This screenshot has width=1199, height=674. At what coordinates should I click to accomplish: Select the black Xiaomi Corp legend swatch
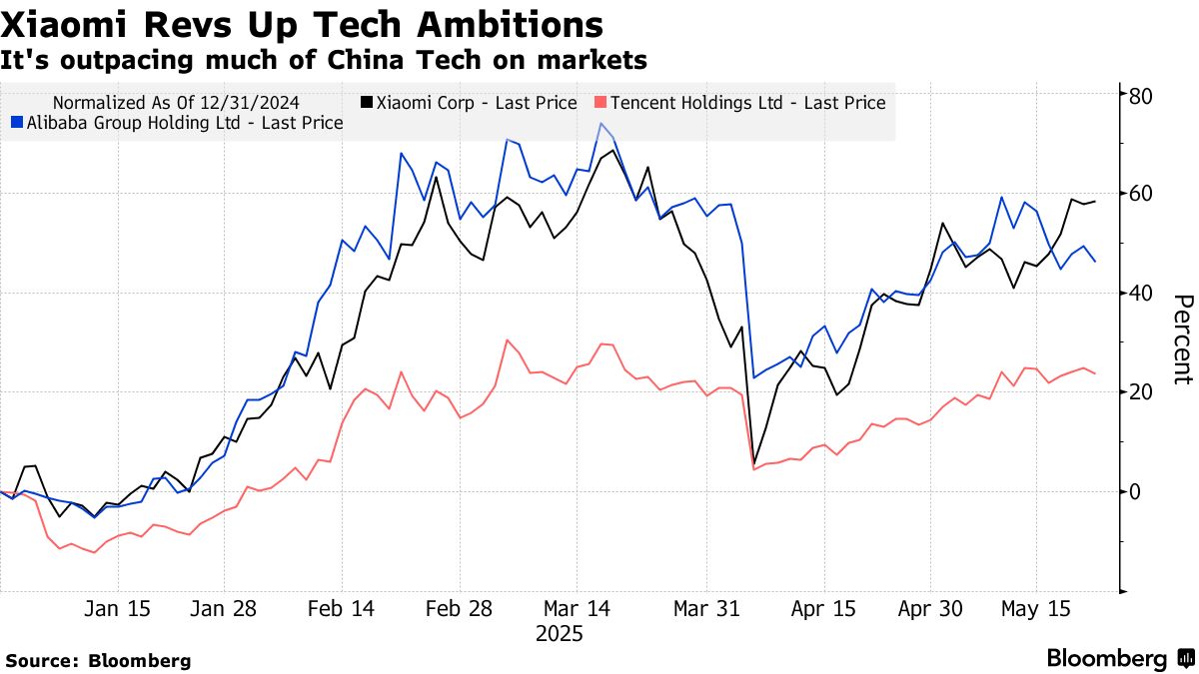[367, 103]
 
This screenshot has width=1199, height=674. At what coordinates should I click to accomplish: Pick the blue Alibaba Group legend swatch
[16, 123]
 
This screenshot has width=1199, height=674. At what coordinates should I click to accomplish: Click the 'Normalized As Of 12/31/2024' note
[176, 103]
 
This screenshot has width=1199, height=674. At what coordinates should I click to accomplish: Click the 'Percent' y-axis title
[1182, 339]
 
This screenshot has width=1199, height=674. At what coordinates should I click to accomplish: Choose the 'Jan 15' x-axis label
[118, 609]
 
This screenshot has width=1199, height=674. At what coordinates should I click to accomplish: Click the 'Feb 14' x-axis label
[342, 609]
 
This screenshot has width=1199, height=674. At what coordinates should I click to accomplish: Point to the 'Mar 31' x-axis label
[706, 609]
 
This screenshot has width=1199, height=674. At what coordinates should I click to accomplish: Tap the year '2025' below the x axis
[560, 634]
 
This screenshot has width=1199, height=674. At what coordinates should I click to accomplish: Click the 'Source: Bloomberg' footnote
[98, 660]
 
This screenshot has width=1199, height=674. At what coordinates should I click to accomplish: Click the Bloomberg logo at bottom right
[1118, 659]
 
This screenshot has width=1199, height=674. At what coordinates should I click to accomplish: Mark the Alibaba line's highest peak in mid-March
[600, 124]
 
